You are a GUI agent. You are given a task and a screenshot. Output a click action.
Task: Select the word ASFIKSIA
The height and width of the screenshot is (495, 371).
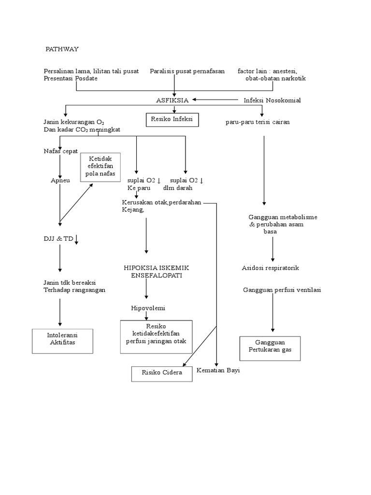pos(172,100)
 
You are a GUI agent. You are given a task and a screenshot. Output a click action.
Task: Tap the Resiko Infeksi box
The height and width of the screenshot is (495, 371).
pos(172,119)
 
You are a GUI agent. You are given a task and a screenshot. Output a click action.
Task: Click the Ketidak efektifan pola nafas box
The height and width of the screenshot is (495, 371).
pos(100,167)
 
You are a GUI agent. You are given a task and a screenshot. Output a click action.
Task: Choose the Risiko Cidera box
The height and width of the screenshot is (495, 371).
pos(162,374)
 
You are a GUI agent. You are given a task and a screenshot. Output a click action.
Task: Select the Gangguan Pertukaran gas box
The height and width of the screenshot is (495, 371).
pos(270,348)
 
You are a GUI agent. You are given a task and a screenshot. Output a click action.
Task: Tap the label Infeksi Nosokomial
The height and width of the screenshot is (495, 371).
pos(272,100)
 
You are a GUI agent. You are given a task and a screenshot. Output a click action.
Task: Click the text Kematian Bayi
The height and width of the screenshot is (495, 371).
pos(218,370)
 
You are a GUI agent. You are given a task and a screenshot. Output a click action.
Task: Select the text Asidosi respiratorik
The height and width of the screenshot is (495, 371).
pos(273,268)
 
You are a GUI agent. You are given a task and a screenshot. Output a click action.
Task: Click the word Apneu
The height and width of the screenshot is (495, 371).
pos(60,180)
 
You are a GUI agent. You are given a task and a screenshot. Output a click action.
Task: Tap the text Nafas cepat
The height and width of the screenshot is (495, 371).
pos(60,151)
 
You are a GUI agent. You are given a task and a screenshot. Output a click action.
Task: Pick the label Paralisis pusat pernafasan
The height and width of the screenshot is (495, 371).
pos(187,71)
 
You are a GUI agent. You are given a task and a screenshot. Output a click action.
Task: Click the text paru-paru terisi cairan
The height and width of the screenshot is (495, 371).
pos(257,122)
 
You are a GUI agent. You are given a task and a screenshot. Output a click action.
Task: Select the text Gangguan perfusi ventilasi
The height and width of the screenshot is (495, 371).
pos(282,290)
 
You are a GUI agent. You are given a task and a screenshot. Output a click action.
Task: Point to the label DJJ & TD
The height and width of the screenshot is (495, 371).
pos(58,239)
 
